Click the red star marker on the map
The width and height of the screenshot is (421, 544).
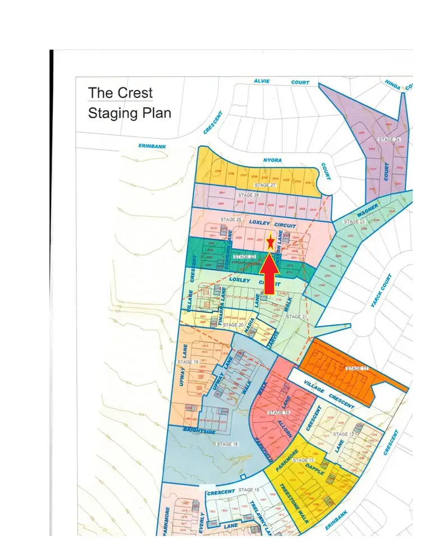pyautogui.click(x=270, y=242)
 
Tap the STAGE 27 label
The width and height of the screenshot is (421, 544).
pyautogui.click(x=265, y=185)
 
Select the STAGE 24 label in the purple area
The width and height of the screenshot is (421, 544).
pyautogui.click(x=389, y=139)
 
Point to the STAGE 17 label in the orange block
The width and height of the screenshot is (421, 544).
pyautogui.click(x=357, y=368)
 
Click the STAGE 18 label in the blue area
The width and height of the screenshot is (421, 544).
pyautogui.click(x=227, y=444)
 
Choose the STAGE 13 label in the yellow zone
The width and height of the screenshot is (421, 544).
pyautogui.click(x=304, y=460)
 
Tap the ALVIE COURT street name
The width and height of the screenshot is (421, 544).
pyautogui.click(x=281, y=82)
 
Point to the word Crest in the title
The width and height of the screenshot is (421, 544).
pyautogui.click(x=135, y=93)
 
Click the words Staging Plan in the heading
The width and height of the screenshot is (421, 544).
pyautogui.click(x=130, y=113)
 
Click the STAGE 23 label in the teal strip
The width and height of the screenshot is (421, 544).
pyautogui.click(x=354, y=222)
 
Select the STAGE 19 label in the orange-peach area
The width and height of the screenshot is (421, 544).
pyautogui.click(x=188, y=362)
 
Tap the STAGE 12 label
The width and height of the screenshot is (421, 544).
pyautogui.click(x=344, y=434)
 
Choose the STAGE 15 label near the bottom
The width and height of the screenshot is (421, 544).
pyautogui.click(x=248, y=490)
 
